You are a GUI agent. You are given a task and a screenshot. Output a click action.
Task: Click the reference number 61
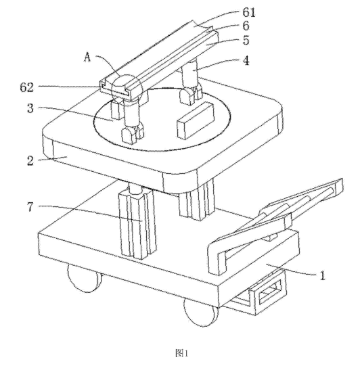click(249, 12)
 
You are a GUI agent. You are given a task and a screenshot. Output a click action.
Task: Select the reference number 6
click(246, 26)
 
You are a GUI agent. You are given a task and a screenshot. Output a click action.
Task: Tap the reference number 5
click(246, 40)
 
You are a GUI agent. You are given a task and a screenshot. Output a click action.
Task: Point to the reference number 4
click(246, 61)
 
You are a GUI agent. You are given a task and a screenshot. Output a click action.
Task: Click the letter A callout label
click(87, 57)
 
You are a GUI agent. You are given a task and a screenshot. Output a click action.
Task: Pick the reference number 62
click(26, 87)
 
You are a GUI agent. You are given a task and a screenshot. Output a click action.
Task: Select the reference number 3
click(30, 108)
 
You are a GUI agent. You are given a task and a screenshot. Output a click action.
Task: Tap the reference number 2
click(30, 161)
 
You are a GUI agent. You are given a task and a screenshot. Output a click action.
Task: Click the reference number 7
click(30, 207)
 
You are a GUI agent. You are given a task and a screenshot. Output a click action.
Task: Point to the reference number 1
click(323, 275)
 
